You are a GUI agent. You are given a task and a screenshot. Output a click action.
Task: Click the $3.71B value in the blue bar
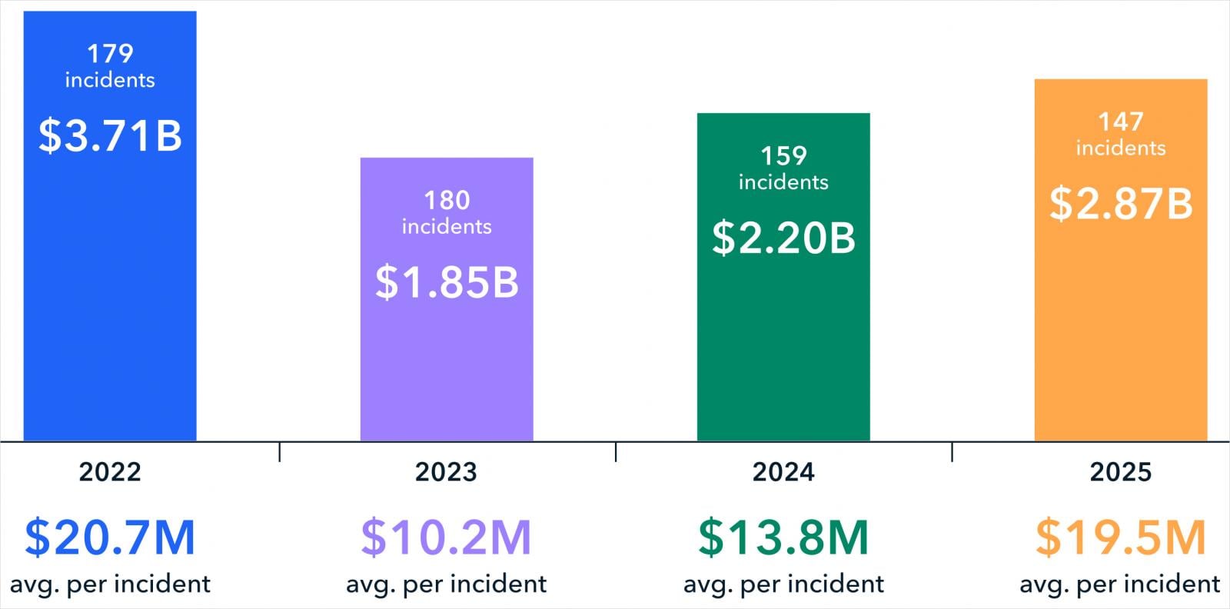110,135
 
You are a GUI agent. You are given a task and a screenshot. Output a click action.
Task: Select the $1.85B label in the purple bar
447,282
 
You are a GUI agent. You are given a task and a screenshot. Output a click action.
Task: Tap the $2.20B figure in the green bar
783,238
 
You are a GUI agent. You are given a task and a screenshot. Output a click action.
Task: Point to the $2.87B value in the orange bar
1121,204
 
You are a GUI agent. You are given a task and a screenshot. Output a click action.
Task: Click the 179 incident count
110,54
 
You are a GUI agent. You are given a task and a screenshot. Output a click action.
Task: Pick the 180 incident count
447,201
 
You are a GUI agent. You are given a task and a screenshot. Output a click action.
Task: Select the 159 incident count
783,156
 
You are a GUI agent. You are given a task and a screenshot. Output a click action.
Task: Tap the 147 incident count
1121,121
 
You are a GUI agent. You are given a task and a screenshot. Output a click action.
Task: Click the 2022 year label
110,471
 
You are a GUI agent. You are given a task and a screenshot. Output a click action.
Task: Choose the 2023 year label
446,471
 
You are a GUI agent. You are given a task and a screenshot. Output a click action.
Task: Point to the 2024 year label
783,471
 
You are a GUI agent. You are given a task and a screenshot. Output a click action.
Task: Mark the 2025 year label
1121,471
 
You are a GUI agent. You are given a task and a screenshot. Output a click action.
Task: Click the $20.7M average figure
110,537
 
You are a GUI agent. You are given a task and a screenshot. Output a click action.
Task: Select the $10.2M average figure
446,537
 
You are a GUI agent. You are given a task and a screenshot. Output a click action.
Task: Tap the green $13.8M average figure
783,537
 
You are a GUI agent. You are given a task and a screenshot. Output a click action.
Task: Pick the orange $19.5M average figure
1121,537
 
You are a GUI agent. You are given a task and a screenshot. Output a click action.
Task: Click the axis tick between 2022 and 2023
279,452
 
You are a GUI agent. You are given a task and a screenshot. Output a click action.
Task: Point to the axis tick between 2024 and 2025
952,452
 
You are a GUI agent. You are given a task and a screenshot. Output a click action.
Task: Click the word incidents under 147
1121,148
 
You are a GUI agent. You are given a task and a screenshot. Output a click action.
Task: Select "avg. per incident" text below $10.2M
446,584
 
